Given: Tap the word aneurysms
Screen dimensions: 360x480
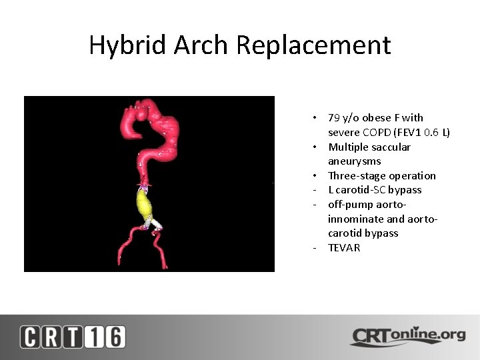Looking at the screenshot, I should (354, 161).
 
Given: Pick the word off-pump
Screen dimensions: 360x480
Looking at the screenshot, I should (349, 205).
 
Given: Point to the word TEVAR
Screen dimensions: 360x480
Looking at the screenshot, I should (344, 248).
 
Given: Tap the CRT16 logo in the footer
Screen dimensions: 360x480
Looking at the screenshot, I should (73, 337).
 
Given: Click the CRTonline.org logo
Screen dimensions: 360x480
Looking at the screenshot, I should (407, 336).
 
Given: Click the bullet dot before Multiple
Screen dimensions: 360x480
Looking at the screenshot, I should (313, 147).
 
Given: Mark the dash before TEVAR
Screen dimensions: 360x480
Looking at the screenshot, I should (313, 248).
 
